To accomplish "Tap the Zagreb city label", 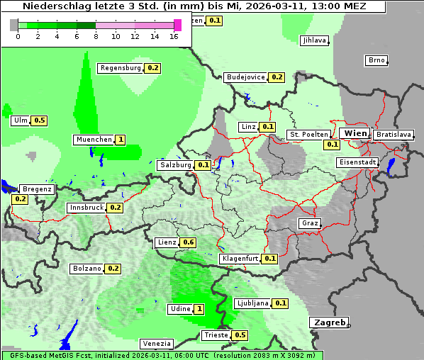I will tap(328, 322).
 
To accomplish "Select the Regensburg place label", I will tap(121, 68).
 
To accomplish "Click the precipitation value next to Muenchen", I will tap(121, 140).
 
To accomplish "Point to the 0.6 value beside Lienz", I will tap(188, 242).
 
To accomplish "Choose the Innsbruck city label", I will tap(86, 208).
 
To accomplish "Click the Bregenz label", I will tap(37, 189).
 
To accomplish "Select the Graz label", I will tap(309, 223).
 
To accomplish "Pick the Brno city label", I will tap(376, 60).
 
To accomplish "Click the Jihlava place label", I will tap(313, 40).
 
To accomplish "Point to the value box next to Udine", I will tap(199, 309).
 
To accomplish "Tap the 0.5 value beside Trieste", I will tap(240, 335).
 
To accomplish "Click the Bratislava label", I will tap(394, 135).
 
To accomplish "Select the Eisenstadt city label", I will tap(357, 162).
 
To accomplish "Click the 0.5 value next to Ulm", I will tap(39, 120).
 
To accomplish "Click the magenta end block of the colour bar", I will tap(177, 25).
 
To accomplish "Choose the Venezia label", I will tap(155, 344).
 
